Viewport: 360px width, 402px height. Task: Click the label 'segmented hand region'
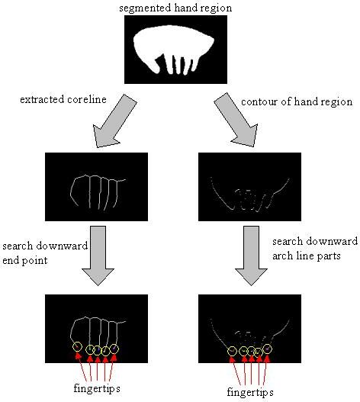175,8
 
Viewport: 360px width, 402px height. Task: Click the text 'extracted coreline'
63,99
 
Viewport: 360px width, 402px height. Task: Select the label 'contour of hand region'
297,101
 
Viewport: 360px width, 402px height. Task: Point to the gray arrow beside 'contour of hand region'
236,120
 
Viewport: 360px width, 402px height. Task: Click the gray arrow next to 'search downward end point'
98,256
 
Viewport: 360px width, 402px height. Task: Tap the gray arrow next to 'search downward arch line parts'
251,256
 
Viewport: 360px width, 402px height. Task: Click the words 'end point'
25,261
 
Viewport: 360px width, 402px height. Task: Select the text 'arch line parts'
307,256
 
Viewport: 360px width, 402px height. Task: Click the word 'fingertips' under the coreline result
97,388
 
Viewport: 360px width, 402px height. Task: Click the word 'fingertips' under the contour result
250,393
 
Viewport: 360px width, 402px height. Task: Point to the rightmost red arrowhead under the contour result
267,359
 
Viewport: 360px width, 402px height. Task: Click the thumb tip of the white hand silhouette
156,72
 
